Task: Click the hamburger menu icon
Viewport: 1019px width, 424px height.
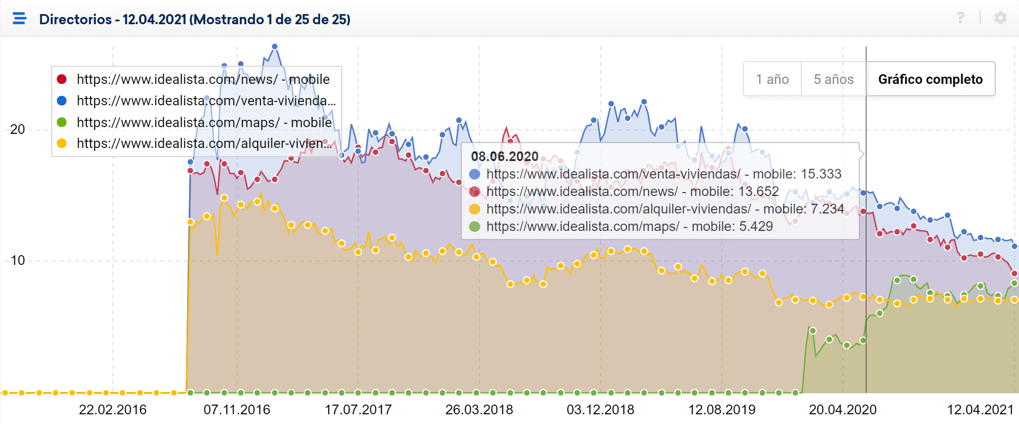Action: point(19,18)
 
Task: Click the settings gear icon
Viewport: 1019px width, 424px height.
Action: point(1000,18)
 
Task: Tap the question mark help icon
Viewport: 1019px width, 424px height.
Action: point(960,18)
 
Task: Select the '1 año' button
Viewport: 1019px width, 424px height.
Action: point(772,79)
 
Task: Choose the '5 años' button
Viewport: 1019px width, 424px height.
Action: point(833,79)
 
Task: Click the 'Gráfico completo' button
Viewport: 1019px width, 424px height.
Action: point(930,79)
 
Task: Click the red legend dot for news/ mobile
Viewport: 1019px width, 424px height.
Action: point(62,79)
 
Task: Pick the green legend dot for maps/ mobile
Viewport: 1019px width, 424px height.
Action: point(62,122)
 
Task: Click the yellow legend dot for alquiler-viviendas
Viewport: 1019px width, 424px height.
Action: point(62,144)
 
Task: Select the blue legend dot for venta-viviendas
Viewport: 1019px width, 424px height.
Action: point(62,101)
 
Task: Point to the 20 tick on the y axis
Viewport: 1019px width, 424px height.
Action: point(17,130)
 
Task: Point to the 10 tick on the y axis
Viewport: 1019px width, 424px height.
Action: point(17,261)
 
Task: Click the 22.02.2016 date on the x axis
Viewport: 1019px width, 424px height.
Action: point(112,410)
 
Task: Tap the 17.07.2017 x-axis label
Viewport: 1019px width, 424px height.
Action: point(358,410)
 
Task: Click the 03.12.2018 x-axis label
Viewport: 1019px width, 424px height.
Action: point(600,410)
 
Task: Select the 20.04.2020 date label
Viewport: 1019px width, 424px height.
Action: point(843,410)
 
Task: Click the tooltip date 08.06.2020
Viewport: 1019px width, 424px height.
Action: point(505,157)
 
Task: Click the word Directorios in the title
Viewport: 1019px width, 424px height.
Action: point(75,19)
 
